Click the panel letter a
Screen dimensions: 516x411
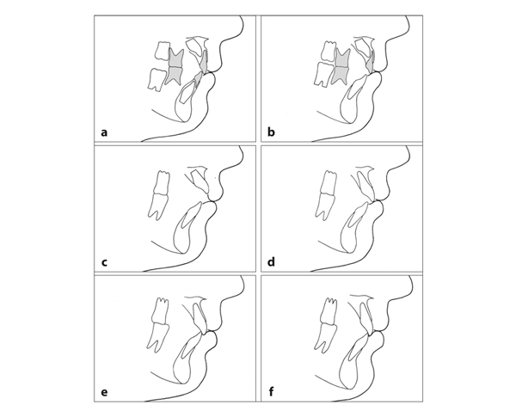pos(104,132)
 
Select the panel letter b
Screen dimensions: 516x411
pos(271,132)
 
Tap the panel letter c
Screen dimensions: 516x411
pos(104,262)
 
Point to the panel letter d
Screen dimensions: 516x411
pos(271,262)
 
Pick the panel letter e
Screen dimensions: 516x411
pos(104,393)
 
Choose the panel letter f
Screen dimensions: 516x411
pos(271,392)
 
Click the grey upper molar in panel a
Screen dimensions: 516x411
pos(176,58)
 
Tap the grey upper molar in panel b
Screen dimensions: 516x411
pos(343,58)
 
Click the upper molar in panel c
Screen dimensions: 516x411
pos(162,182)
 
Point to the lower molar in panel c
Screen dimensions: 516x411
pos(157,206)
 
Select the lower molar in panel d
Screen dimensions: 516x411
pos(324,206)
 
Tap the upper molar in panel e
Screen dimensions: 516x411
pos(160,310)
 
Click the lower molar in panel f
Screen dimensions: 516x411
pos(325,335)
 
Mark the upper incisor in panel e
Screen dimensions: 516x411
pos(200,317)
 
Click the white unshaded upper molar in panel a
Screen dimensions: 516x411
pos(163,51)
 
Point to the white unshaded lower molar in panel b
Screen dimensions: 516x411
pos(322,75)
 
